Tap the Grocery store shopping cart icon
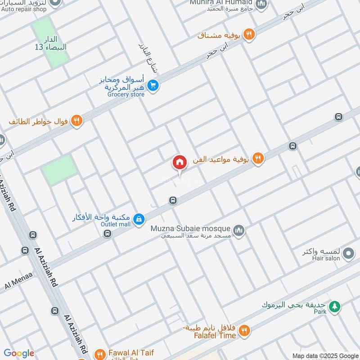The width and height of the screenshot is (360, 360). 153,85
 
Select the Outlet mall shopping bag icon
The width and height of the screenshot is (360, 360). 139,219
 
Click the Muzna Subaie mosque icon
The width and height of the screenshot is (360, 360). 239,230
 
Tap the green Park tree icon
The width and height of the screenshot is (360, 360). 334,307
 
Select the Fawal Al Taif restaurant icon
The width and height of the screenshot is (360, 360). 100,354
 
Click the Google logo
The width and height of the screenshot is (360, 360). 18,354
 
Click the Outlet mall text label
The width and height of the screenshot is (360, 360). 115,224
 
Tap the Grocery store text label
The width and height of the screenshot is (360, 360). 126,94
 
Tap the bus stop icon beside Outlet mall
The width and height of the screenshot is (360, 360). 107,233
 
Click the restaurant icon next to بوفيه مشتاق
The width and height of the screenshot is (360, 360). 248,34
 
